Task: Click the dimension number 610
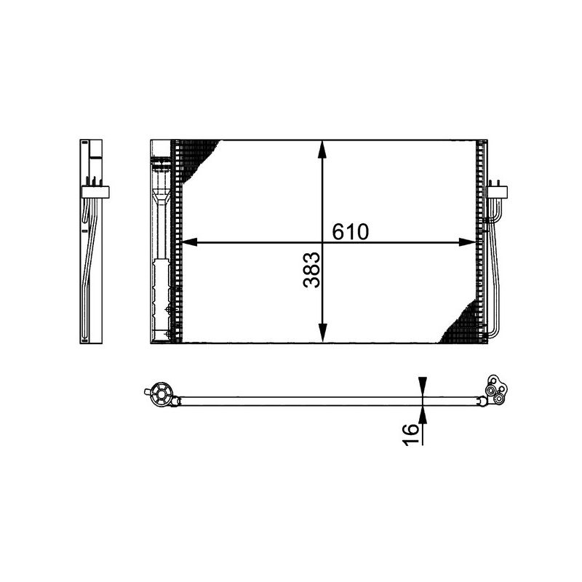pos(351,231)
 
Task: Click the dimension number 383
pos(311,270)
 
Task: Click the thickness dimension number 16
pos(411,430)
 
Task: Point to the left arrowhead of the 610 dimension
pos(188,243)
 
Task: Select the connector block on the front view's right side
pos(498,192)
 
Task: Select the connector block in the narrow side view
pos(95,192)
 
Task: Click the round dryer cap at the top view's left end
pos(161,395)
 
